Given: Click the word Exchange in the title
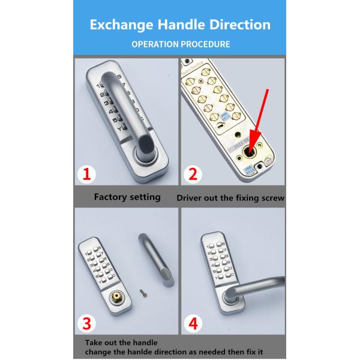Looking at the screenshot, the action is coord(121,25).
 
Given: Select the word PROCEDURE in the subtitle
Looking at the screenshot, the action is coord(205,44).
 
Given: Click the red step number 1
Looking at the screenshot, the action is coord(86,174).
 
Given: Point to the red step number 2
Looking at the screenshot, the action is coord(193,174).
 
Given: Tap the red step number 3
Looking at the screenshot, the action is coord(87,323).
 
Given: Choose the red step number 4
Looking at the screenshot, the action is coord(193,323).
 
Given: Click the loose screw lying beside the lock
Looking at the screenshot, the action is coord(143,293).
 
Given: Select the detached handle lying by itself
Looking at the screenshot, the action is coord(157,260).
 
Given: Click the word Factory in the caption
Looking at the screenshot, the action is coord(110,197).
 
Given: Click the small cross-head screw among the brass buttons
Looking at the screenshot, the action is coord(202,80).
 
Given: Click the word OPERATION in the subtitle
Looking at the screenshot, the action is coord(155,44).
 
